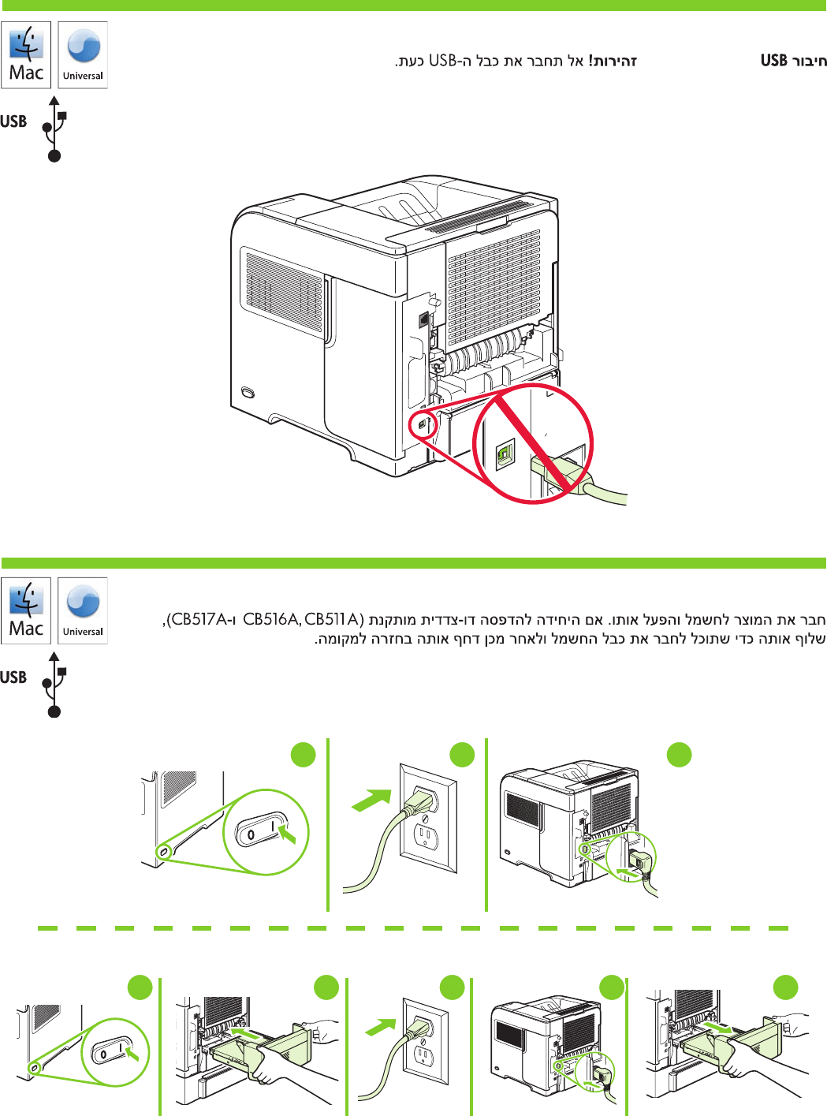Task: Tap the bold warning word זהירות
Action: (614, 61)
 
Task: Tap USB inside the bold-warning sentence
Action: (443, 61)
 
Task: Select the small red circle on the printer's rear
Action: (423, 424)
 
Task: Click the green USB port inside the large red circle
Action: (505, 454)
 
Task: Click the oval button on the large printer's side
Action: (249, 392)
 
